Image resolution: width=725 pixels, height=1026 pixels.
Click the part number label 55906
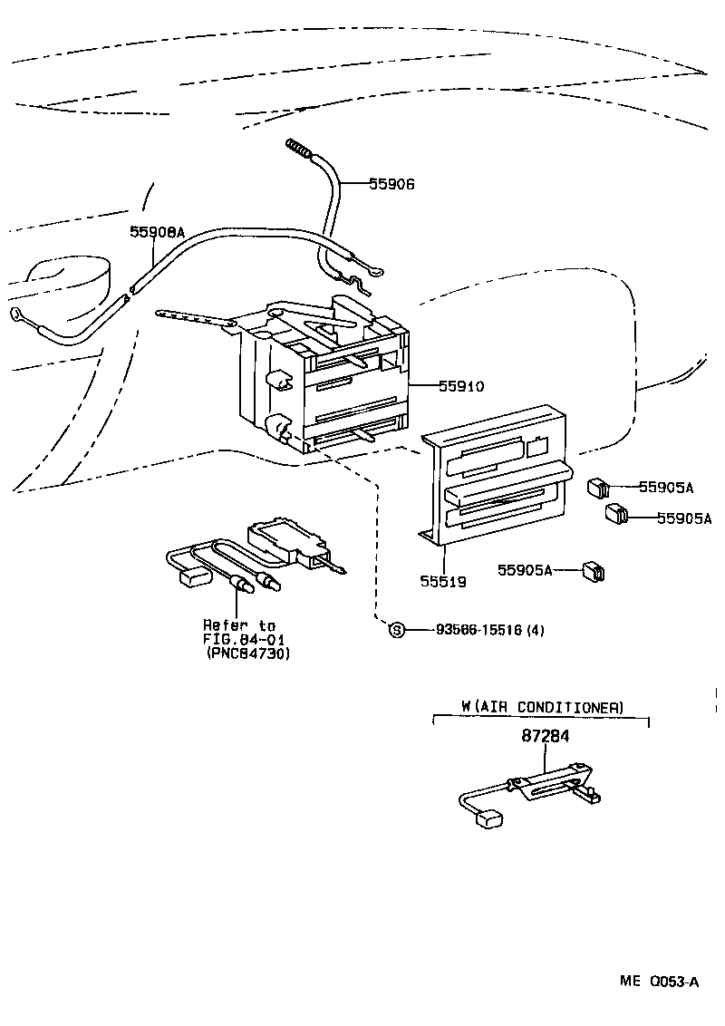tap(391, 184)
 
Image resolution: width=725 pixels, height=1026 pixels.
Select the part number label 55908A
tap(157, 232)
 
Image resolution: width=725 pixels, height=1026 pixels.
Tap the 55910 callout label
tap(461, 386)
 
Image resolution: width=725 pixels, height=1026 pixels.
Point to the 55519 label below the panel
tap(443, 582)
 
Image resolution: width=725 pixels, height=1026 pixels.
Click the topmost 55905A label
tap(666, 488)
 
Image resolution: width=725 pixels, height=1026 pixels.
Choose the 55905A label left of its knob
tap(525, 570)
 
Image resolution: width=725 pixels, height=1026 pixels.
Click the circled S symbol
tap(396, 630)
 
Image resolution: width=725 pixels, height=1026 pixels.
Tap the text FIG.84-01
tap(240, 640)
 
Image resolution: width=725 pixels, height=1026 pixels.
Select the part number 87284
tap(546, 737)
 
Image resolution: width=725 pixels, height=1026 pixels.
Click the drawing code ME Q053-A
tap(659, 982)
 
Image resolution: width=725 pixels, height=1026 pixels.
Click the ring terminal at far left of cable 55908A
tap(17, 315)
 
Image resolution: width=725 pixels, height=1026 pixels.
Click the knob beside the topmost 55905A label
tap(597, 489)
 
